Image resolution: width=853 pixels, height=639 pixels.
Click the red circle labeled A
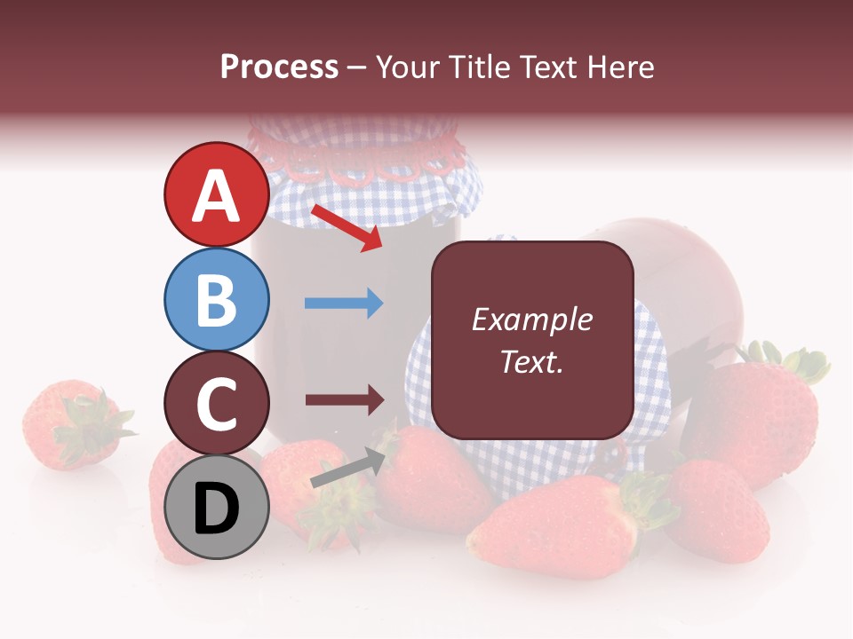pos(216,195)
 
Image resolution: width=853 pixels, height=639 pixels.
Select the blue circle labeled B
pos(216,300)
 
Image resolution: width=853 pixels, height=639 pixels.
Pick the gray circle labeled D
pos(216,508)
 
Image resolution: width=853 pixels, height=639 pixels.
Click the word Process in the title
pos(279,67)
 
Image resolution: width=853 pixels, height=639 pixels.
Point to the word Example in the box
pos(531,320)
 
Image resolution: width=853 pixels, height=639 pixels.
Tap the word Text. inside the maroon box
pos(531,361)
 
